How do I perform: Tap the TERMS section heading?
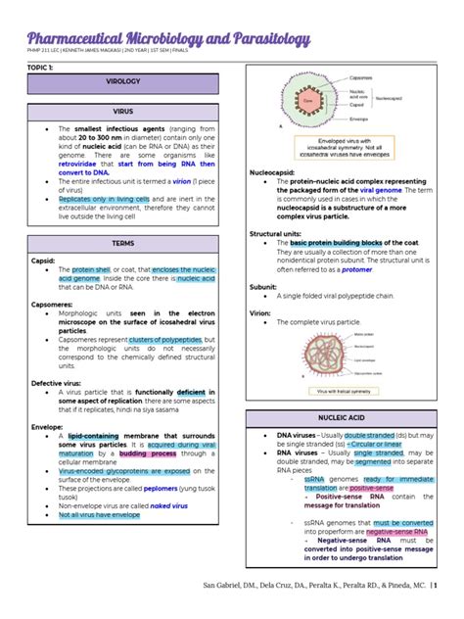pos(123,242)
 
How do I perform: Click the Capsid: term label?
pos(42,262)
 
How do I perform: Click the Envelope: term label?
pos(46,427)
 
